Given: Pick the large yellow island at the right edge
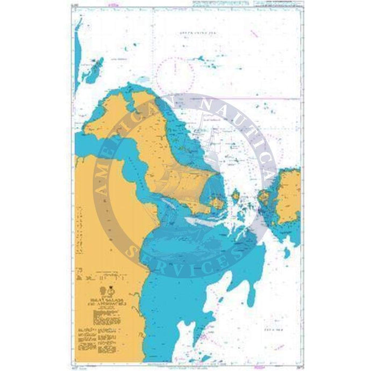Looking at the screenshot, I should [288, 196].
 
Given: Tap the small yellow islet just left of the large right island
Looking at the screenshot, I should [265, 196].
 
